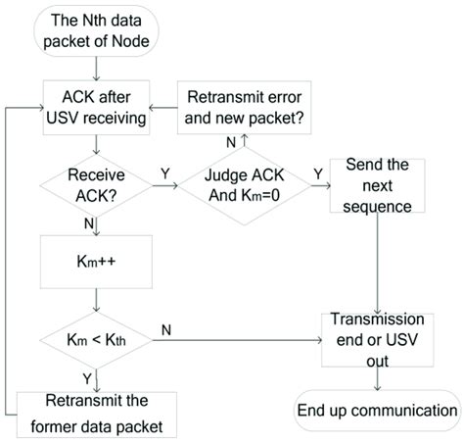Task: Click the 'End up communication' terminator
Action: click(x=376, y=411)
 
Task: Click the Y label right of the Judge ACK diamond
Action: click(x=316, y=175)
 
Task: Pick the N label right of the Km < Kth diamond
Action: click(x=165, y=330)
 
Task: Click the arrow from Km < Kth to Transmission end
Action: click(x=235, y=340)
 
